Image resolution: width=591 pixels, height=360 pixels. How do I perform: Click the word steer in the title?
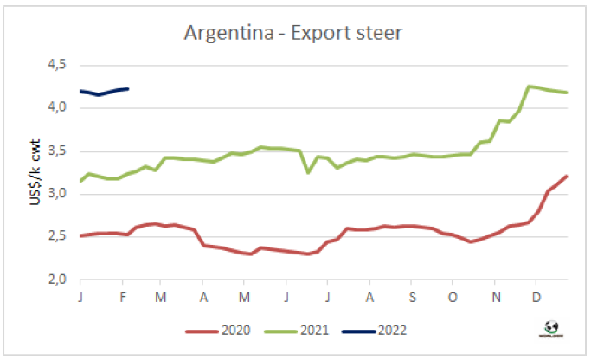(378, 34)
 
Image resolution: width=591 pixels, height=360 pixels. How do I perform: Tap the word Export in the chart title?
(313, 34)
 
